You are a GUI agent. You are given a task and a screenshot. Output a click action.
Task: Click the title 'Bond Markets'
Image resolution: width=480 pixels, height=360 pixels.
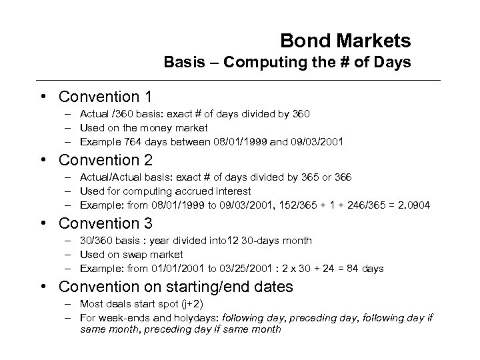click(345, 41)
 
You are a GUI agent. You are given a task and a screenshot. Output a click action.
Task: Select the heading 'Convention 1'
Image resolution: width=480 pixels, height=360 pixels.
click(105, 97)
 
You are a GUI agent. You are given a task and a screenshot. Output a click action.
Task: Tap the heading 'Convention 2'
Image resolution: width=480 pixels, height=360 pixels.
click(105, 161)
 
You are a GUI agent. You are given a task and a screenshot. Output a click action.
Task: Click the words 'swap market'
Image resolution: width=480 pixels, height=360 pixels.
click(157, 255)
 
